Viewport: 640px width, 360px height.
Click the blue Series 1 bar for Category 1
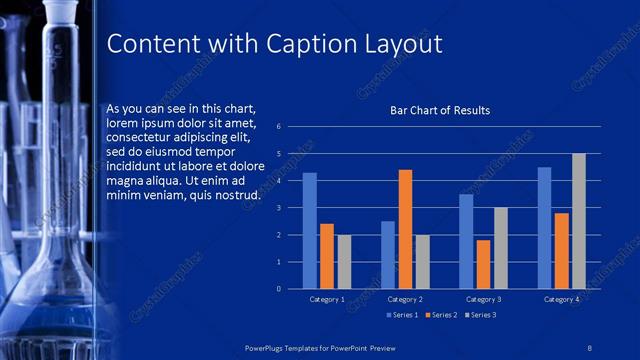pyautogui.click(x=310, y=231)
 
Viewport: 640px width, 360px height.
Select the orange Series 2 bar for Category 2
pyautogui.click(x=405, y=229)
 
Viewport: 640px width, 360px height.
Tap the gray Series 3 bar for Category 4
pyautogui.click(x=578, y=221)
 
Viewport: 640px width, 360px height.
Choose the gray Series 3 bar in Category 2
pyautogui.click(x=422, y=262)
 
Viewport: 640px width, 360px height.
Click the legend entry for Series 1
pyautogui.click(x=402, y=315)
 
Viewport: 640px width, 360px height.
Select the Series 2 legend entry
pyautogui.click(x=441, y=315)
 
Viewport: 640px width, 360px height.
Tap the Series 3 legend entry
pyautogui.click(x=479, y=315)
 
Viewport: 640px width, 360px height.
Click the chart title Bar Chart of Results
pyautogui.click(x=440, y=110)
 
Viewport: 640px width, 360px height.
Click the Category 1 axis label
pyautogui.click(x=327, y=299)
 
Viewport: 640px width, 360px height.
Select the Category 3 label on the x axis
pyautogui.click(x=483, y=299)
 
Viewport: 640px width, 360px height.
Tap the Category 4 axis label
pyautogui.click(x=561, y=299)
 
